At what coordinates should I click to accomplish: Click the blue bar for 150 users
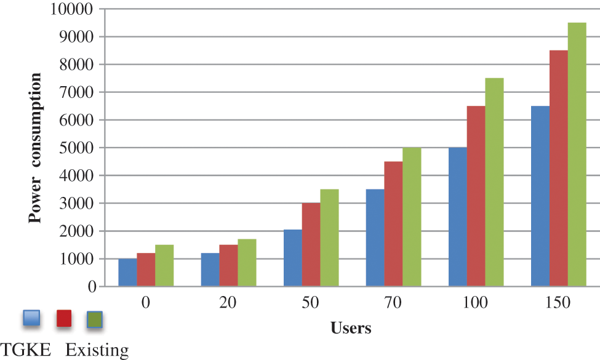click(x=540, y=196)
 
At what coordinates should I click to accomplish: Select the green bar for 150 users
click(x=577, y=154)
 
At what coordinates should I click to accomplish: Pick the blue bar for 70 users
click(x=375, y=238)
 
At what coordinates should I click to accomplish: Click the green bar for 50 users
click(x=329, y=238)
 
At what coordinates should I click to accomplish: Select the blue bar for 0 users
click(x=128, y=273)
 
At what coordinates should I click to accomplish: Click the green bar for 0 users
click(x=164, y=266)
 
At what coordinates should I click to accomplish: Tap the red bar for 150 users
click(x=559, y=169)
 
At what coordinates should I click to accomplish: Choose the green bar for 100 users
click(x=495, y=182)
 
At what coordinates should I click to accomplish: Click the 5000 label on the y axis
click(x=79, y=148)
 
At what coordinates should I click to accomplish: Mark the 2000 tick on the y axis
click(x=79, y=231)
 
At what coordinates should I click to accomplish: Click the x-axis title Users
click(x=351, y=328)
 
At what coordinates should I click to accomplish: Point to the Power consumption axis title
click(x=36, y=148)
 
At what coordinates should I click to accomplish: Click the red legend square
click(x=64, y=319)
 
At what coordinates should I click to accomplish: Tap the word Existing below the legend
click(x=97, y=351)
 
